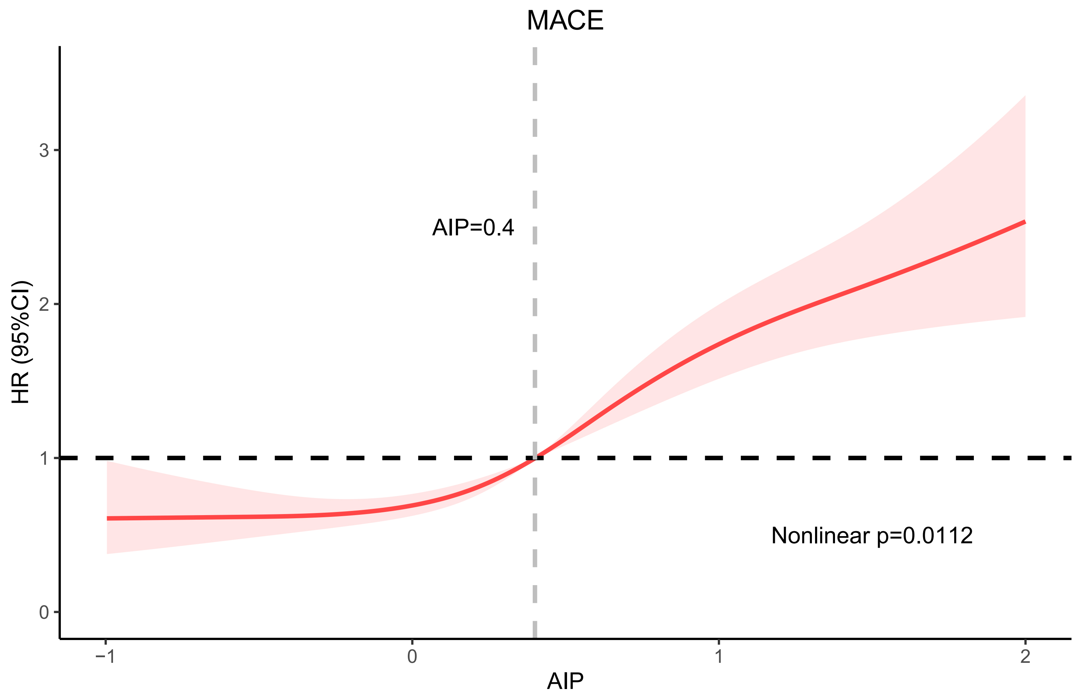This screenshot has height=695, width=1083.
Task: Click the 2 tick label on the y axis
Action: click(44, 304)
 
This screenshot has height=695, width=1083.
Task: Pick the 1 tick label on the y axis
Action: click(44, 458)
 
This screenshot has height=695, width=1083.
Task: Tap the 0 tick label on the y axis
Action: click(44, 613)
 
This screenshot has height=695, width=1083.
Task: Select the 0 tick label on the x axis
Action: click(412, 656)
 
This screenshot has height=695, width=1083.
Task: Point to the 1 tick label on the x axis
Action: click(719, 656)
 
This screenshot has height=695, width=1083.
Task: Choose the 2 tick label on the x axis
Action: click(1025, 656)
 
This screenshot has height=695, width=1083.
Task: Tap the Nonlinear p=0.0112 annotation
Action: click(872, 536)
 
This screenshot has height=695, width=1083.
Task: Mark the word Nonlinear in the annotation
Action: click(820, 536)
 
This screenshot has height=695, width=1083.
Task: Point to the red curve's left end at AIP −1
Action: click(107, 518)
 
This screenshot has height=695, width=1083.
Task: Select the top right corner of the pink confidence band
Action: click(1025, 96)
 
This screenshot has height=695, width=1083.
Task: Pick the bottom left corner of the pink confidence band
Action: click(107, 553)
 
